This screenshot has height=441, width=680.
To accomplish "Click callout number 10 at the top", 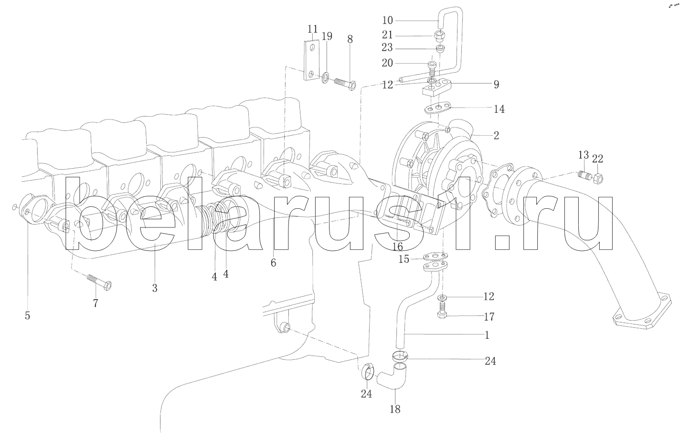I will [387, 20].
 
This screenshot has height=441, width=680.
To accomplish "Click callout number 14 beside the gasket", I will [499, 109].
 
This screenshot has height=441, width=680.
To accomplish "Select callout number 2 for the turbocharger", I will [496, 135].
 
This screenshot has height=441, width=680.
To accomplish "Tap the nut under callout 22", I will [597, 179].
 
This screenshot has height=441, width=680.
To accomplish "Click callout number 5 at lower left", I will [27, 316].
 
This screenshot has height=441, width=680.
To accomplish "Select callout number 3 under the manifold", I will [154, 288].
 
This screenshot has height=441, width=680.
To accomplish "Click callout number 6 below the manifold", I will [273, 262].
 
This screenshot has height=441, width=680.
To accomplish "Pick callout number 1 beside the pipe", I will [487, 335].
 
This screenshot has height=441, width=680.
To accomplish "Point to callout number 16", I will [397, 246].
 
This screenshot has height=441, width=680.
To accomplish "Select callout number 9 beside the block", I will [496, 85].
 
